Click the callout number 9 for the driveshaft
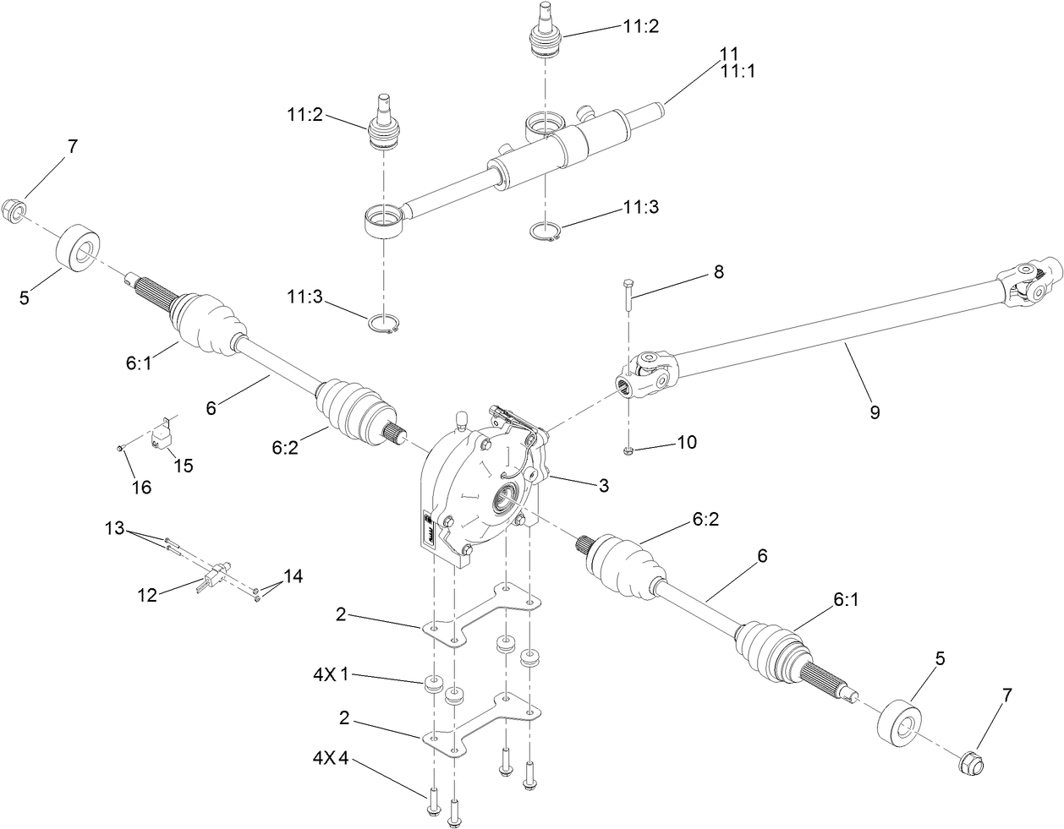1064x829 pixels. click(874, 412)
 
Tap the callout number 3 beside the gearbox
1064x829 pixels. click(603, 486)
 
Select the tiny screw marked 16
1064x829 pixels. click(122, 448)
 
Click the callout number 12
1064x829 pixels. click(149, 595)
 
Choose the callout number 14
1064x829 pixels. click(293, 575)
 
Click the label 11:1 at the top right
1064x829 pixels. click(737, 71)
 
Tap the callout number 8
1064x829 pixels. click(718, 272)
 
